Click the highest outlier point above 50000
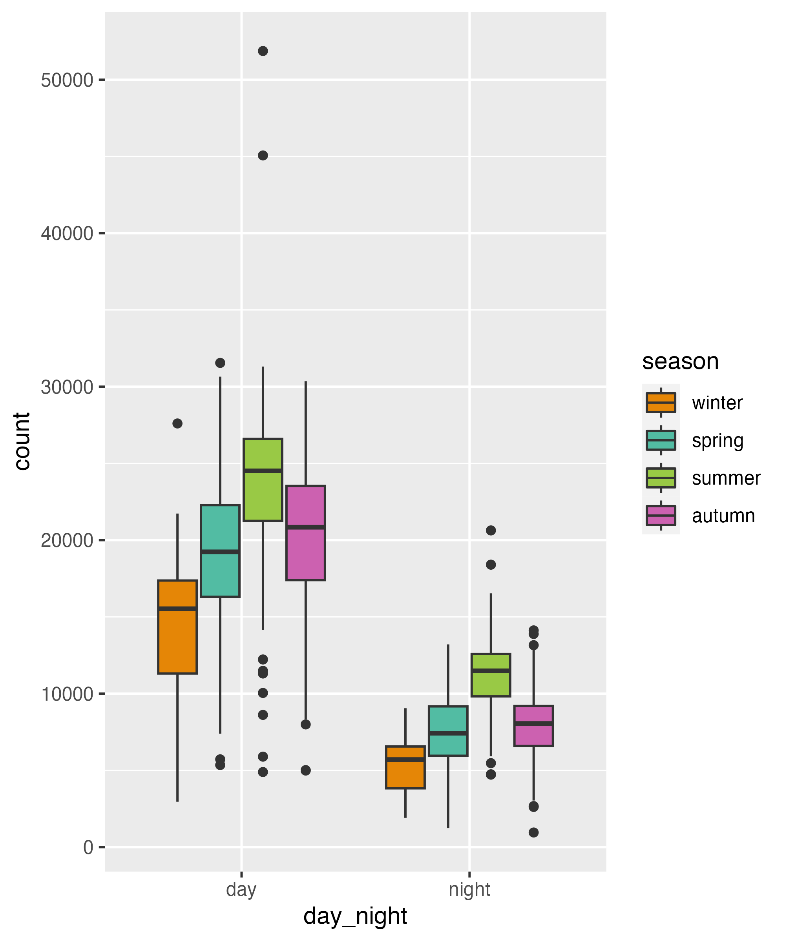(263, 51)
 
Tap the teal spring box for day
(220, 551)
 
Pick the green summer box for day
(263, 480)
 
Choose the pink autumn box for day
(305, 533)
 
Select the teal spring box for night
(448, 731)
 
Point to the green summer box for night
(491, 675)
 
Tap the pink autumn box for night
(533, 725)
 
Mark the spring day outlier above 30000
(220, 363)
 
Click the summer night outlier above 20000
(491, 530)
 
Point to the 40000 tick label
(67, 233)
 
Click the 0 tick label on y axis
(88, 847)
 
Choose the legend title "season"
(680, 362)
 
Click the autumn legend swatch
(661, 516)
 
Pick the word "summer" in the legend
(726, 478)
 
